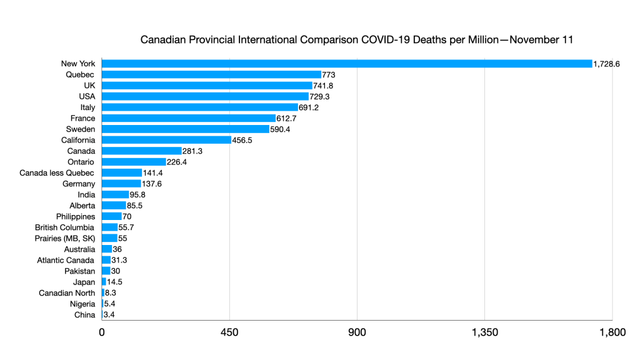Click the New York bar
pos(347,64)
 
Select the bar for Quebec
pos(211,74)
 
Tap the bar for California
pos(166,140)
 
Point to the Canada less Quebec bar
pos(122,172)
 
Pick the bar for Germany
pos(121,184)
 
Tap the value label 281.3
pos(195,151)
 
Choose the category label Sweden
pos(81,129)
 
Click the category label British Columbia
pos(65,227)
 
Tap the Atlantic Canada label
pos(66,260)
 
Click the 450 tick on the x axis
pos(229,332)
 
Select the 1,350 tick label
pos(484,332)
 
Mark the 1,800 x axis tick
pos(612,332)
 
